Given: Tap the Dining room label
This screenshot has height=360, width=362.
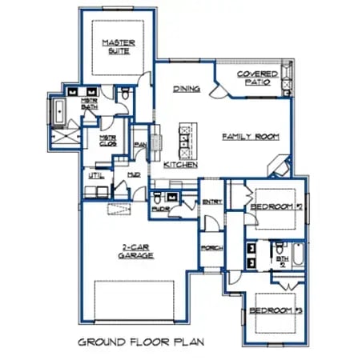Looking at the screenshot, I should (186, 89).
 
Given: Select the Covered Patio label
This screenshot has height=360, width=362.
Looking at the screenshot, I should (257, 78).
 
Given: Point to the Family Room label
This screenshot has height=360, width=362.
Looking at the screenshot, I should (250, 137).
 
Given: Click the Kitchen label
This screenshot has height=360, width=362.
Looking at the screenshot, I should (181, 164).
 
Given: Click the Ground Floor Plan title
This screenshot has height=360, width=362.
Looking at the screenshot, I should (141, 342).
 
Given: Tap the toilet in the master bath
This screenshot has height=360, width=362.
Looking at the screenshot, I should (126, 95).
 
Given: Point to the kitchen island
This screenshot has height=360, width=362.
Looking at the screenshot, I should (187, 142).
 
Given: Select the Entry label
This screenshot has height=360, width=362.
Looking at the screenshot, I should (211, 202).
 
